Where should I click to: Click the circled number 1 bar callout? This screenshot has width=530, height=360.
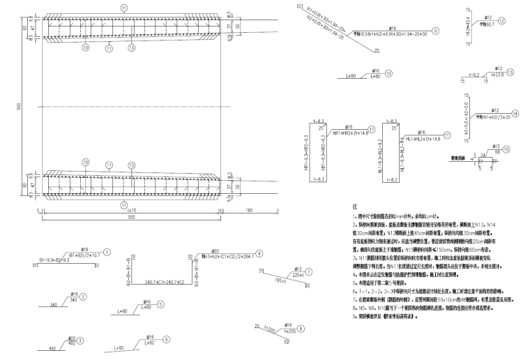click(106, 252)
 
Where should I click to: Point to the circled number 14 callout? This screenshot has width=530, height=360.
click(515, 113)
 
